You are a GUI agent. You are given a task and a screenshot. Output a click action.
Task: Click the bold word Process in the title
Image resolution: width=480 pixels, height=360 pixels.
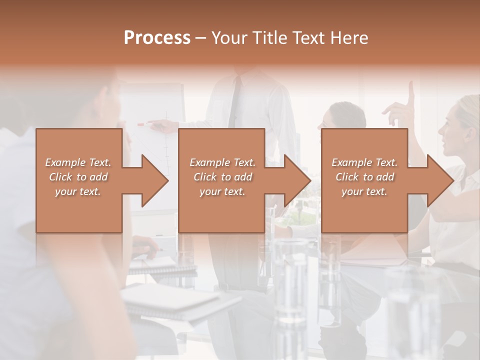pyautogui.click(x=157, y=38)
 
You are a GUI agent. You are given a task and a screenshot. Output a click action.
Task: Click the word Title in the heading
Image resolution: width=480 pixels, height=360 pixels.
pyautogui.click(x=269, y=38)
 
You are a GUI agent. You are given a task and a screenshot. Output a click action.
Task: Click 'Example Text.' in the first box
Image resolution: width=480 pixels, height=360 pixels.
pyautogui.click(x=78, y=162)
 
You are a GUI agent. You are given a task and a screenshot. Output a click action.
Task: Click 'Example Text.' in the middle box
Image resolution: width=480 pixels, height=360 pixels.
pyautogui.click(x=222, y=162)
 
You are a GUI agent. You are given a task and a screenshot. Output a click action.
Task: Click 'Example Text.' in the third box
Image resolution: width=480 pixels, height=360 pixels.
pyautogui.click(x=364, y=162)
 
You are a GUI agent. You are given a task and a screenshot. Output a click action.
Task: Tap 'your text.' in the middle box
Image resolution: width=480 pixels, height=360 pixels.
pyautogui.click(x=222, y=191)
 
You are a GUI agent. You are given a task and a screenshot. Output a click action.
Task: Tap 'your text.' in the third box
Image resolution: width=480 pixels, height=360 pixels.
pyautogui.click(x=364, y=191)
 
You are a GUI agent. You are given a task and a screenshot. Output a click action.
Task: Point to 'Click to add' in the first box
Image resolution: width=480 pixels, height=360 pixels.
pyautogui.click(x=78, y=177)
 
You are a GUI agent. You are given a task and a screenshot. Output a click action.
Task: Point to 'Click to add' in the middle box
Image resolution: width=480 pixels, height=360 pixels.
pyautogui.click(x=222, y=177)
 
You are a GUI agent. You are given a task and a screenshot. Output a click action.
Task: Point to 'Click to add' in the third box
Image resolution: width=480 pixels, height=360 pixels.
pyautogui.click(x=364, y=177)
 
